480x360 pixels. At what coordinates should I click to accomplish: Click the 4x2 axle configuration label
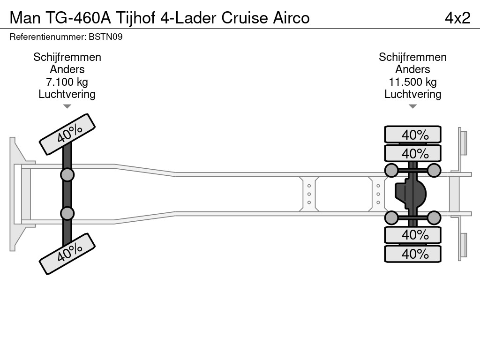pyautogui.click(x=457, y=17)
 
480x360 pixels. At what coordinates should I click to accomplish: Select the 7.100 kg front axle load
pyautogui.click(x=67, y=82)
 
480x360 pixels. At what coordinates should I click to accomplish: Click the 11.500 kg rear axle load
pyautogui.click(x=412, y=82)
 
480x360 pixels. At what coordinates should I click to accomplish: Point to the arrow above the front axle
pyautogui.click(x=67, y=106)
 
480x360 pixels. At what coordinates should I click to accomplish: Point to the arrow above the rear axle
pyautogui.click(x=412, y=106)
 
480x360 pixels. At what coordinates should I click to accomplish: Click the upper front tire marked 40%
pyautogui.click(x=67, y=134)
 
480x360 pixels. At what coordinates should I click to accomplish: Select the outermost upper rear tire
pyautogui.click(x=412, y=135)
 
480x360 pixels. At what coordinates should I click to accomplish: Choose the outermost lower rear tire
pyautogui.click(x=412, y=254)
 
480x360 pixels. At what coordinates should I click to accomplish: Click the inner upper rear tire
pyautogui.click(x=412, y=153)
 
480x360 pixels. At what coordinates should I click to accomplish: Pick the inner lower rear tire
pyautogui.click(x=412, y=234)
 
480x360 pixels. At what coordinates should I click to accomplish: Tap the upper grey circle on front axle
pyautogui.click(x=67, y=175)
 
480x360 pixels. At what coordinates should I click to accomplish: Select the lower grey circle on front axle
pyautogui.click(x=67, y=213)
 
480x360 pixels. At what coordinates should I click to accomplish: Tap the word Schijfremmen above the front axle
pyautogui.click(x=67, y=57)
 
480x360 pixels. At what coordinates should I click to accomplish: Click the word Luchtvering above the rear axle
pyautogui.click(x=412, y=94)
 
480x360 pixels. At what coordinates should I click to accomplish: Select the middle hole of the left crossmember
pyautogui.click(x=309, y=194)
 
